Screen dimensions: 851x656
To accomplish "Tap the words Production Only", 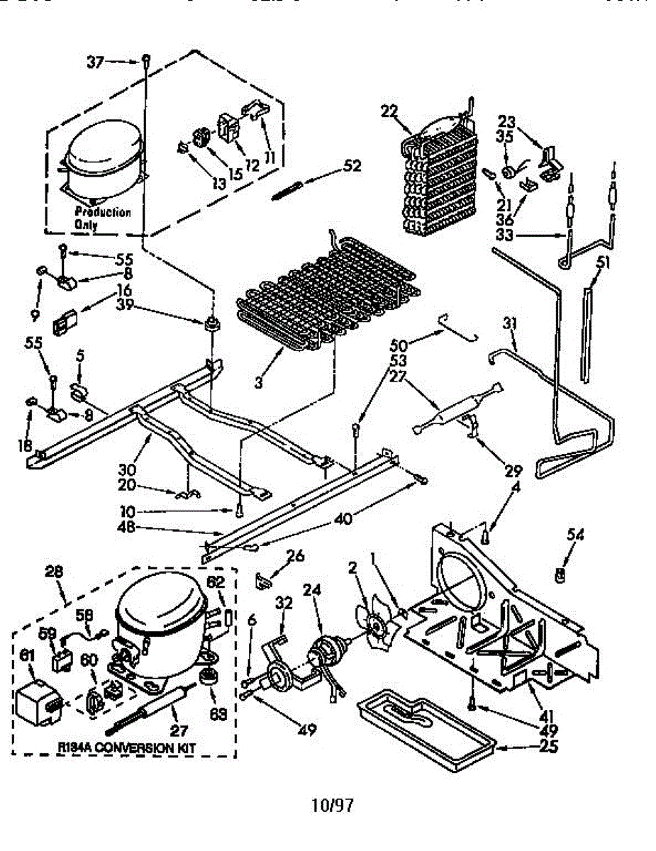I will click(x=102, y=218).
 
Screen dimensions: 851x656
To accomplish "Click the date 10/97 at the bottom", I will click(x=331, y=805).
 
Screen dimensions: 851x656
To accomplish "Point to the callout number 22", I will click(x=389, y=111).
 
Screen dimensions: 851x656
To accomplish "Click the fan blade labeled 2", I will click(x=374, y=623).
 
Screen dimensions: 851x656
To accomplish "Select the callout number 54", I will click(x=575, y=536).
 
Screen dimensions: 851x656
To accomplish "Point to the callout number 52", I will click(x=352, y=166).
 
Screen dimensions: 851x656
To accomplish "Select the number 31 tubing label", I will click(x=509, y=324).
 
